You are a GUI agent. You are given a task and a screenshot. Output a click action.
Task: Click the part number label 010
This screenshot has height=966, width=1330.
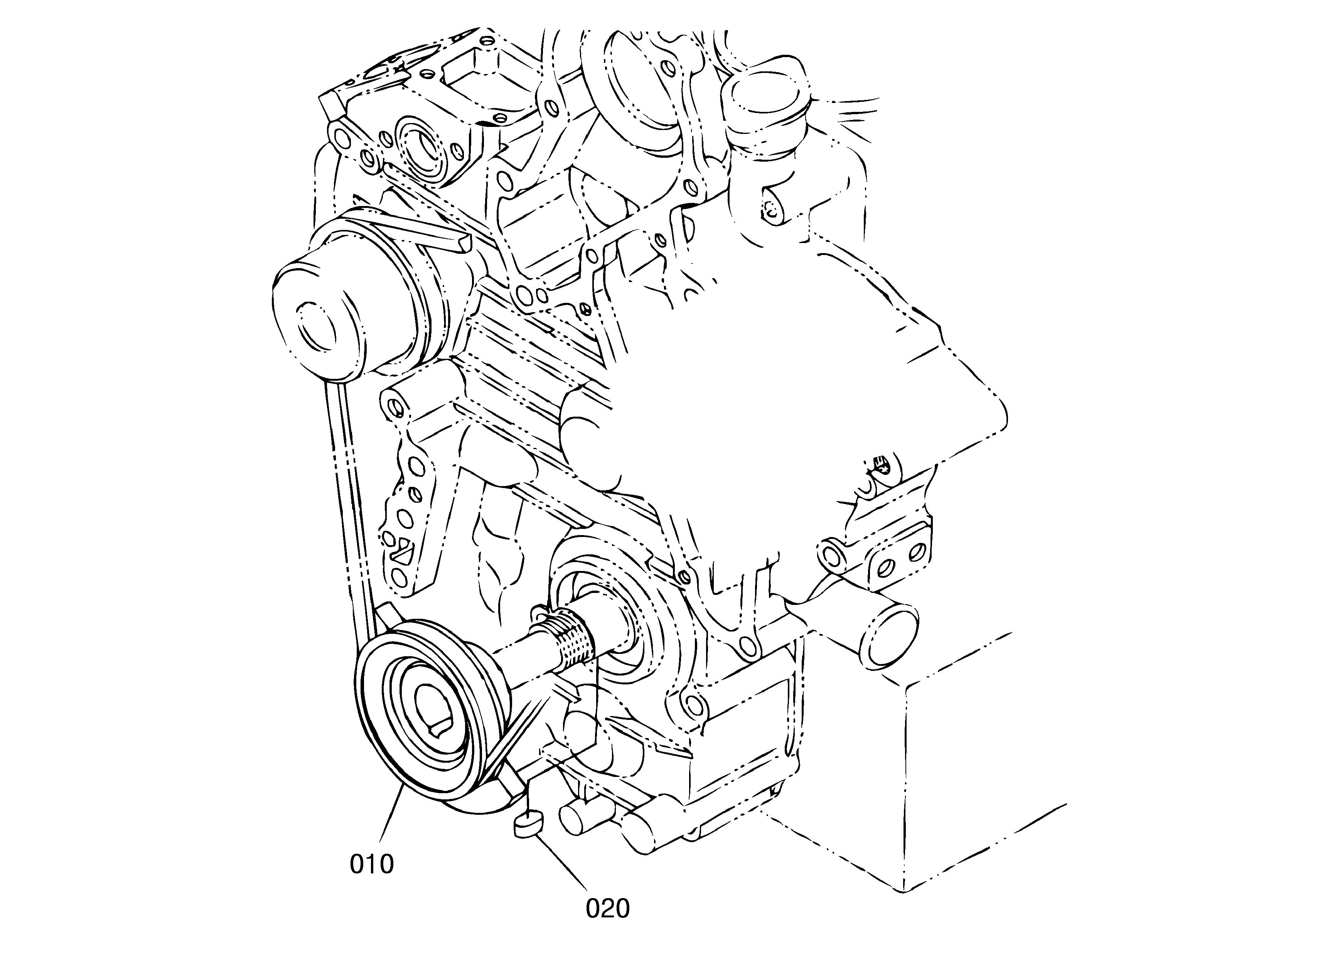[372, 864]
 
